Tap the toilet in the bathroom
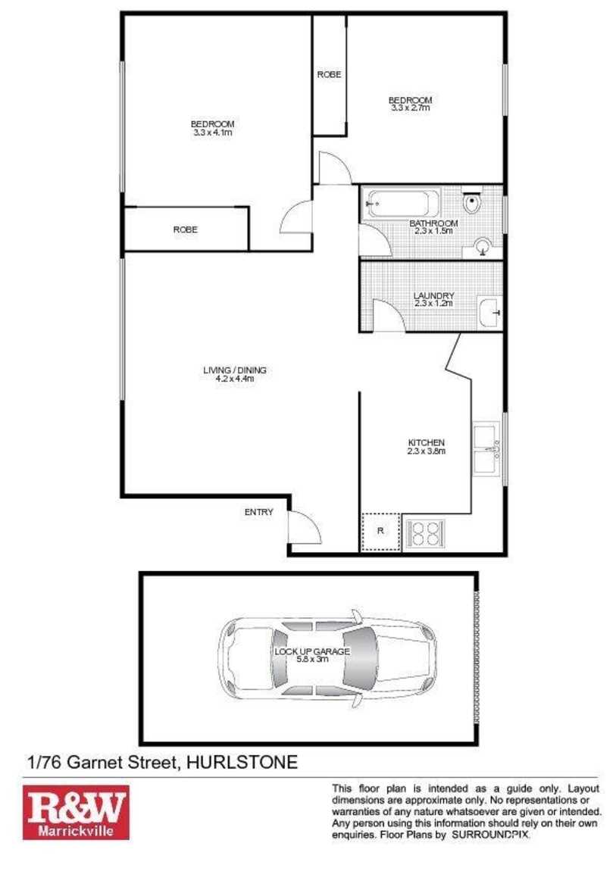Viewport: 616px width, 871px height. coord(471,204)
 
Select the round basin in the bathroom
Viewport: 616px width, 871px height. coord(483,245)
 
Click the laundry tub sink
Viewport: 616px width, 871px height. coord(489,311)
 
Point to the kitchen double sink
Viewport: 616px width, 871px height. coord(486,450)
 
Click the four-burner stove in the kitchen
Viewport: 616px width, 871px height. coord(425,534)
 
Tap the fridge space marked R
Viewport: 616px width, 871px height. coord(380,531)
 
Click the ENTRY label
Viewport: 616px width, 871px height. coord(258,513)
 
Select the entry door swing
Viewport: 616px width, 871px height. coord(305,527)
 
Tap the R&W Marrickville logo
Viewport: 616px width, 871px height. coord(76,812)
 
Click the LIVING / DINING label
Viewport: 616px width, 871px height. coord(234,370)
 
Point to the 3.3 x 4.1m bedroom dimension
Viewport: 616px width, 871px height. coord(212,133)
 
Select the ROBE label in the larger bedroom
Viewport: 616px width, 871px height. coord(185,229)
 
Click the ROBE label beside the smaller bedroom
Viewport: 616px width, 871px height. coord(329,74)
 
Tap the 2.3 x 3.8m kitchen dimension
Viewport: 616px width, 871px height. coord(426,451)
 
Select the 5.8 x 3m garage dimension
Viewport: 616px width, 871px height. coord(312,660)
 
